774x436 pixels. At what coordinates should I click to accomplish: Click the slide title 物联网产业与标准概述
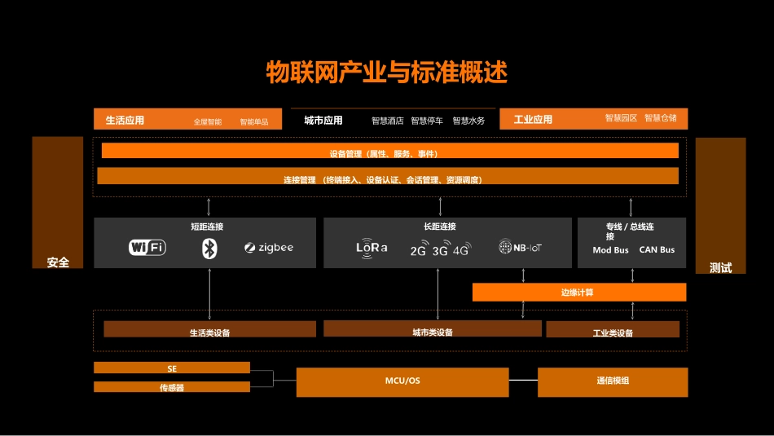(387, 73)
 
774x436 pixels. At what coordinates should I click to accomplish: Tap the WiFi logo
(147, 247)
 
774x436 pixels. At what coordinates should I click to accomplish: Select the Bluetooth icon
(209, 249)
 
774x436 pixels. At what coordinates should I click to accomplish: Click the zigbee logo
(269, 248)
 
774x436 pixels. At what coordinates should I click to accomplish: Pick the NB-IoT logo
(521, 247)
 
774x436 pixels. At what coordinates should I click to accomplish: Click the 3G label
(441, 250)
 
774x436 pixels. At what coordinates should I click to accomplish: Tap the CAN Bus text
(657, 250)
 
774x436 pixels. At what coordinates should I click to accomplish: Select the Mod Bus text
(610, 250)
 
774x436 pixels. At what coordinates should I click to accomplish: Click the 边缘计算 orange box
(579, 292)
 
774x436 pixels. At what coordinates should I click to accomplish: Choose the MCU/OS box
(402, 381)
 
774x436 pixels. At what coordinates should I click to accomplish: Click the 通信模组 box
(613, 381)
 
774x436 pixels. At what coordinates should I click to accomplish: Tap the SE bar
(172, 368)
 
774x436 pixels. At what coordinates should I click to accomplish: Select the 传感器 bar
(172, 387)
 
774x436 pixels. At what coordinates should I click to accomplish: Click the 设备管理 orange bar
(389, 152)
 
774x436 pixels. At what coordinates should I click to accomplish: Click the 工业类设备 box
(613, 330)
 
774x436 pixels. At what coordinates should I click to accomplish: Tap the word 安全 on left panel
(58, 262)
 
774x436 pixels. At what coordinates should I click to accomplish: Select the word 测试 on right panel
(720, 267)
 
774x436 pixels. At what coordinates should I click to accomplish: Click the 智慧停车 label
(427, 121)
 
